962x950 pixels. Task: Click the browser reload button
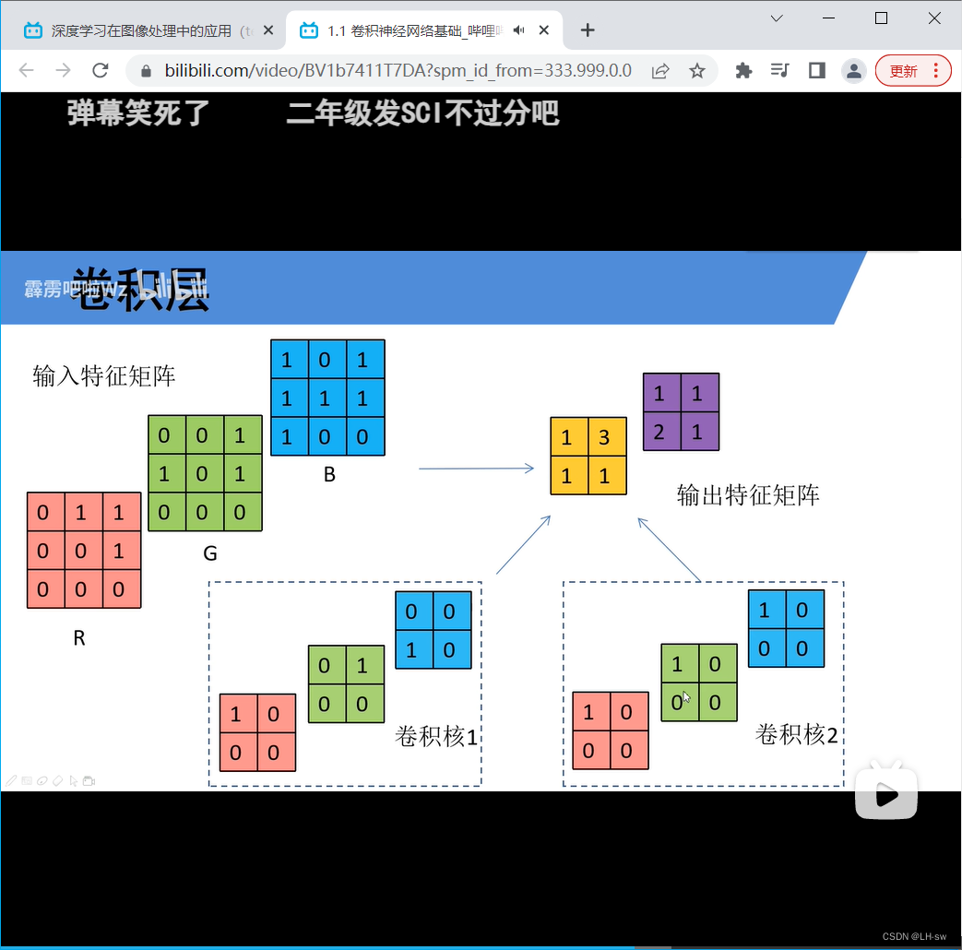tap(101, 71)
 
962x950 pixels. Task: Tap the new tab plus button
tap(588, 30)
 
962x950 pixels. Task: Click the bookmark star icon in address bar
tap(697, 71)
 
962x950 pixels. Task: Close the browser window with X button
tap(933, 18)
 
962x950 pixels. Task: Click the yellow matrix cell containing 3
tap(604, 437)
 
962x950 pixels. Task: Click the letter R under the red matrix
tap(79, 637)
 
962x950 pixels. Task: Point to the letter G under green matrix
tap(210, 553)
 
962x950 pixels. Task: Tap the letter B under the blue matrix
tap(329, 476)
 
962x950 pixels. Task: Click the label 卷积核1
tap(437, 736)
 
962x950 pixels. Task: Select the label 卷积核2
tap(797, 734)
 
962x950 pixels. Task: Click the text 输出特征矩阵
tap(748, 495)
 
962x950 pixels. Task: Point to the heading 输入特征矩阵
tap(104, 375)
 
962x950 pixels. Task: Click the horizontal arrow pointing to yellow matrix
tap(476, 469)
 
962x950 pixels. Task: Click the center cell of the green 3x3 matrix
tap(202, 474)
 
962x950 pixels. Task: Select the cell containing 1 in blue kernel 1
tap(411, 650)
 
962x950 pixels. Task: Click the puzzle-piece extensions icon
tap(743, 71)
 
